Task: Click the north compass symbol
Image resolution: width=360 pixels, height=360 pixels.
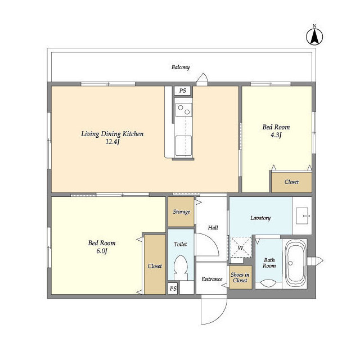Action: tap(314, 36)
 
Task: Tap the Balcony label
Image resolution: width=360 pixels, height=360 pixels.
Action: tap(181, 67)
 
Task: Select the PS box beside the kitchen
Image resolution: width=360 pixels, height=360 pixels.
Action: tap(182, 91)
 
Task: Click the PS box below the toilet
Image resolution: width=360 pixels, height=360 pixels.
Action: tap(173, 289)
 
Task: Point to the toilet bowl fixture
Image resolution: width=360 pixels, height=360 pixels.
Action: tap(181, 268)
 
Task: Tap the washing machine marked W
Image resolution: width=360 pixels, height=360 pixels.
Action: tap(241, 247)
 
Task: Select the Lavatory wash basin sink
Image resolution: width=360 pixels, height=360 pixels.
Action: tap(302, 216)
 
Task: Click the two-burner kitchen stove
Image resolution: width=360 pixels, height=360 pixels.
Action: tap(184, 110)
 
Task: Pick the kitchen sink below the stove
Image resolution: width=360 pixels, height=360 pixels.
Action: tap(183, 146)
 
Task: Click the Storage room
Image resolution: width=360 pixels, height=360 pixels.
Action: tap(181, 211)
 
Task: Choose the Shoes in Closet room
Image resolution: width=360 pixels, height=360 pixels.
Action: tap(241, 277)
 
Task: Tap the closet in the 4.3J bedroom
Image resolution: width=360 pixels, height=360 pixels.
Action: tap(291, 182)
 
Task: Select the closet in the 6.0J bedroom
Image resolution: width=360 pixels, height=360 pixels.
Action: tap(155, 264)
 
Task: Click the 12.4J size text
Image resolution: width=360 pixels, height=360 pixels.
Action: tap(112, 142)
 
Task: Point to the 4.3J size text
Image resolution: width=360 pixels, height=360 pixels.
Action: tap(276, 135)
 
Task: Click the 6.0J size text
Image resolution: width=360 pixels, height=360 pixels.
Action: tap(102, 251)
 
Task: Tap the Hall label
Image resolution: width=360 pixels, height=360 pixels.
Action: tap(213, 228)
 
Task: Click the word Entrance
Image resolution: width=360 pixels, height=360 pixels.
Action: tap(212, 279)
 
